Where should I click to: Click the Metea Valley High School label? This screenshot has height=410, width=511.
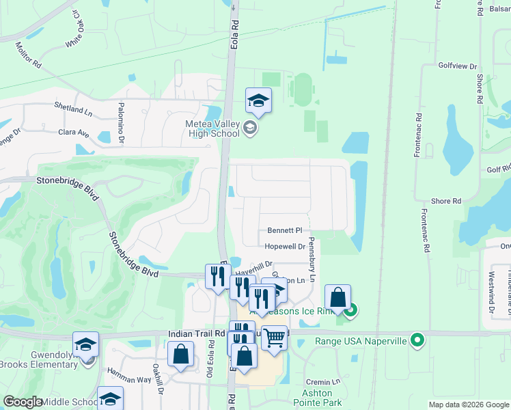[x=212, y=128]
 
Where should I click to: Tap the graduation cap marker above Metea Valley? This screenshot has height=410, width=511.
[x=258, y=101]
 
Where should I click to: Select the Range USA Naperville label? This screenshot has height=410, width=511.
[x=360, y=341]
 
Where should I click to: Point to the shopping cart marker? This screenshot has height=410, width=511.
[x=274, y=338]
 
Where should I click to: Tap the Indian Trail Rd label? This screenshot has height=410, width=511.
[x=197, y=333]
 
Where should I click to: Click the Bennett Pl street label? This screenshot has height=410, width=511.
[x=285, y=231]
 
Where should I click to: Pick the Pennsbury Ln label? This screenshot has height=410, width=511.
[x=312, y=260]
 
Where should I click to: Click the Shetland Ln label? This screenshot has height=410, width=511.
[x=73, y=107]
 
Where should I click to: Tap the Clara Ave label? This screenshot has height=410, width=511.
[x=74, y=132]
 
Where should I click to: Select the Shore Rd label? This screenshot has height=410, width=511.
[x=446, y=201]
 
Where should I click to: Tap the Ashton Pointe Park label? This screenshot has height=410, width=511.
[x=317, y=398]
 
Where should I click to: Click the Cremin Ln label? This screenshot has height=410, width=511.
[x=323, y=381]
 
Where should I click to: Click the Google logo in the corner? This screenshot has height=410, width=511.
[x=23, y=402]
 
